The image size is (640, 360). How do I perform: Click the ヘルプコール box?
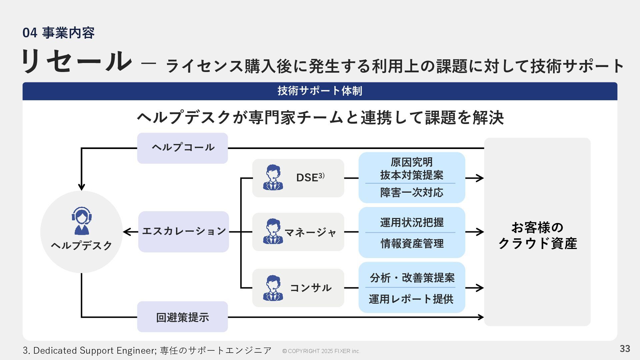(182, 148)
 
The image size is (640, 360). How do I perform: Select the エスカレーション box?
(184, 231)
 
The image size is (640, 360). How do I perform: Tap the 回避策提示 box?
(182, 317)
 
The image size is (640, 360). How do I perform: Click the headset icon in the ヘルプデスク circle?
(81, 220)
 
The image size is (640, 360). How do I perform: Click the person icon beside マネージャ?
(273, 231)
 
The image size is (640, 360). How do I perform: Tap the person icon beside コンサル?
(273, 288)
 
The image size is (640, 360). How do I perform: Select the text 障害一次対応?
(412, 193)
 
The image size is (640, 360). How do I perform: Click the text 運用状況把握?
(412, 222)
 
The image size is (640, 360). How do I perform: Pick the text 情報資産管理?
(412, 243)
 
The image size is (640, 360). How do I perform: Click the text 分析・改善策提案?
(412, 278)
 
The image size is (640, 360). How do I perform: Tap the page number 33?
(625, 349)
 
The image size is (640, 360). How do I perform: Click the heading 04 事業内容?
(59, 33)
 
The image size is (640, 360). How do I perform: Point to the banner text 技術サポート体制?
(320, 91)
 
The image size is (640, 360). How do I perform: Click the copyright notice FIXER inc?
(321, 351)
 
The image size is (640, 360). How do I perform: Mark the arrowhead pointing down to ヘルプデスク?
(81, 187)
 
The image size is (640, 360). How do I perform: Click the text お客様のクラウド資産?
(537, 235)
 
